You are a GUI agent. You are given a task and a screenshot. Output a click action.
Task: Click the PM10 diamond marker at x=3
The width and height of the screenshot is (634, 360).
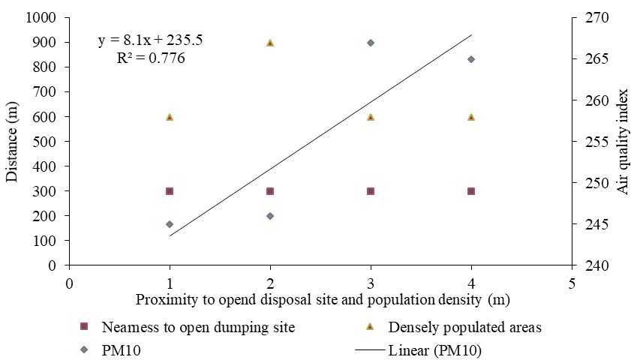click(371, 43)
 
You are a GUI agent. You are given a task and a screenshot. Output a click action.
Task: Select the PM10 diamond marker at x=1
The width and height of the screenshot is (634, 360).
click(170, 224)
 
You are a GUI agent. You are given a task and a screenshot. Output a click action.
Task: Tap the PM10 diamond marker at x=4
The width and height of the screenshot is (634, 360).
click(471, 59)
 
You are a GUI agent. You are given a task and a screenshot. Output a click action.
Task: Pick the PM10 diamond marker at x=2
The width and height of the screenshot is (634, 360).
click(270, 216)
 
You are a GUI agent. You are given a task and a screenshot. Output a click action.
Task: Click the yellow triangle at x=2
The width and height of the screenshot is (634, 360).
click(270, 43)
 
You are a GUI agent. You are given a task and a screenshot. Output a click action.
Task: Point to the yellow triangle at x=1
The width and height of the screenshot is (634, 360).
click(170, 117)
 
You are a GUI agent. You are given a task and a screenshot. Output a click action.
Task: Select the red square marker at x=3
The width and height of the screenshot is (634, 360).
click(371, 191)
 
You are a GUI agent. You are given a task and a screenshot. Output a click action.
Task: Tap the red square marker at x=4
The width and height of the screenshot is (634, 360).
click(471, 191)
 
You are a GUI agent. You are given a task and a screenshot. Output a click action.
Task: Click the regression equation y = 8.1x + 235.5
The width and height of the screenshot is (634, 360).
click(151, 41)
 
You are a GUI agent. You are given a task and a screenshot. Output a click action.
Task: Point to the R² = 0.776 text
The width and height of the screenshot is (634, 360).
click(151, 58)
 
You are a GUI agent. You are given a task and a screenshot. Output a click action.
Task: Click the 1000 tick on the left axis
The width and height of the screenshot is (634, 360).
click(46, 18)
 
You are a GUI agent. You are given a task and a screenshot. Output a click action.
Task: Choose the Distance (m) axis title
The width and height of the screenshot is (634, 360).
click(13, 141)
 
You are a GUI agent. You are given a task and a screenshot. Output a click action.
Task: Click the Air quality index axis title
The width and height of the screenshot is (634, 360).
click(622, 141)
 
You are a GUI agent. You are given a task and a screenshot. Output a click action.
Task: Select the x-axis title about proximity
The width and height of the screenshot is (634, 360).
click(317, 300)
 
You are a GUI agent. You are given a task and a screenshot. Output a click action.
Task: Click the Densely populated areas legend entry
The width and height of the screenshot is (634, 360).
click(464, 327)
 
